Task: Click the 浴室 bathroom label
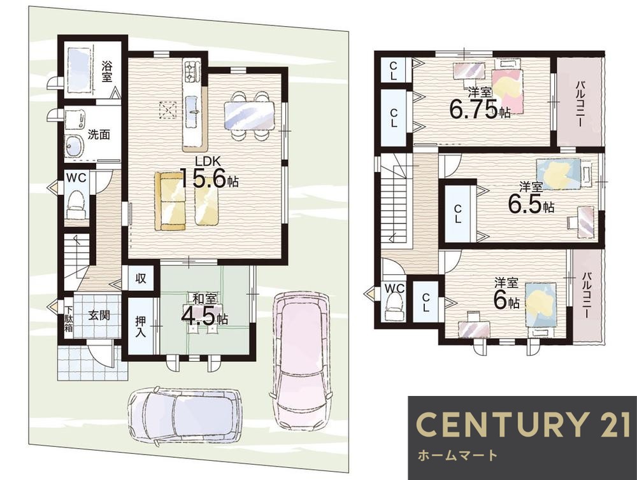(x=107, y=71)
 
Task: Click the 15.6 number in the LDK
(x=203, y=177)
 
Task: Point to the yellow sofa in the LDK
(x=169, y=201)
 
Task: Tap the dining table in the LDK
(x=249, y=115)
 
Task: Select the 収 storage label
(x=141, y=279)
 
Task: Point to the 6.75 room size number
(x=473, y=108)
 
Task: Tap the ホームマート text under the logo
(x=457, y=455)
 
